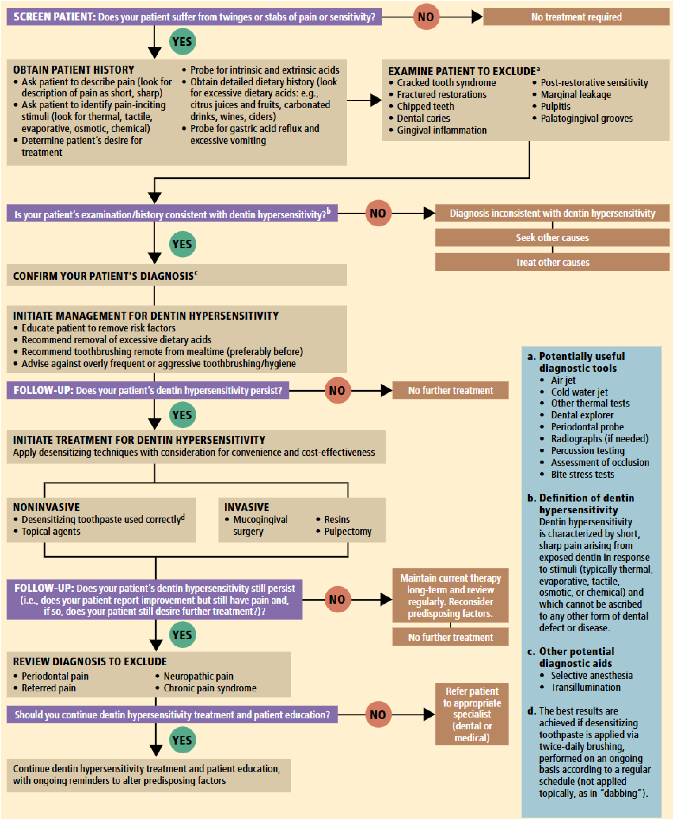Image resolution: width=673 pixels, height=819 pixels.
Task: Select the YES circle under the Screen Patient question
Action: click(182, 41)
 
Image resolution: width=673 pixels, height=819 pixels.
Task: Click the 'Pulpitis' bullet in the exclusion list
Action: click(555, 107)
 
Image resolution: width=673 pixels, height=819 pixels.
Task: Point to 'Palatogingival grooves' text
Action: click(586, 119)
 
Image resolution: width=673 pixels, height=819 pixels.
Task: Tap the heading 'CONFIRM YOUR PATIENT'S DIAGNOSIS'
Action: click(103, 276)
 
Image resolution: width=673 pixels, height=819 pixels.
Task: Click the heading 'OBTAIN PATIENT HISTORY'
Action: click(74, 70)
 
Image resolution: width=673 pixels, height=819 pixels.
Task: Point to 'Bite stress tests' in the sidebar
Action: click(582, 474)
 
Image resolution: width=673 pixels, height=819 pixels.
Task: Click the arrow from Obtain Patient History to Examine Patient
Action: click(364, 100)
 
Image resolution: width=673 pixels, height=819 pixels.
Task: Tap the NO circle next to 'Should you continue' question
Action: click(378, 715)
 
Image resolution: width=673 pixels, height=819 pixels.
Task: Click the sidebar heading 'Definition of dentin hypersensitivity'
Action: click(586, 504)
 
